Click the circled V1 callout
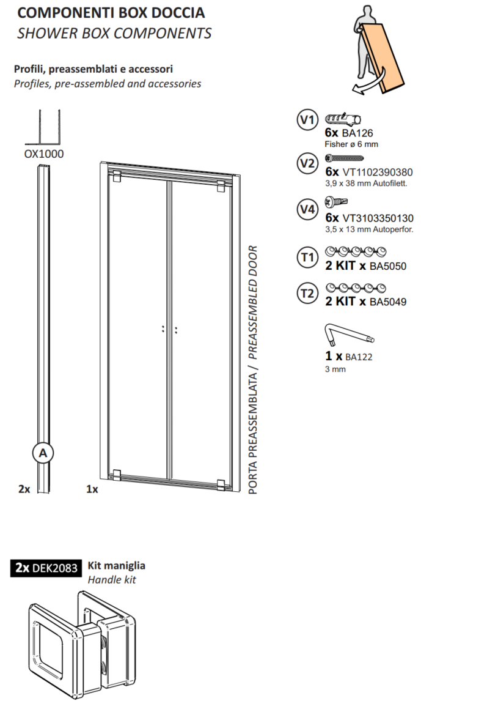pyautogui.click(x=307, y=120)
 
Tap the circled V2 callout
pyautogui.click(x=307, y=163)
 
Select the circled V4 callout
pyautogui.click(x=307, y=209)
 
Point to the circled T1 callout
pyautogui.click(x=307, y=257)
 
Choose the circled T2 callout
pyautogui.click(x=307, y=293)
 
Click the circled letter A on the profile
pyautogui.click(x=43, y=453)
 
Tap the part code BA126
pyautogui.click(x=357, y=133)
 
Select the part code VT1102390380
pyautogui.click(x=378, y=172)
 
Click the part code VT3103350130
pyautogui.click(x=378, y=218)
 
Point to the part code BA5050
pyautogui.click(x=387, y=266)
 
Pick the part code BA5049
pyautogui.click(x=387, y=302)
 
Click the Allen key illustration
pyautogui.click(x=349, y=335)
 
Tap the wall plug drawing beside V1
pyautogui.click(x=343, y=119)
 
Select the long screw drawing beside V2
pyautogui.click(x=344, y=158)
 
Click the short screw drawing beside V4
pyautogui.click(x=336, y=202)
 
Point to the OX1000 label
pyautogui.click(x=44, y=154)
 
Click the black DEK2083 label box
pyautogui.click(x=46, y=568)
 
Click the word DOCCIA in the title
pyautogui.click(x=178, y=12)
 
